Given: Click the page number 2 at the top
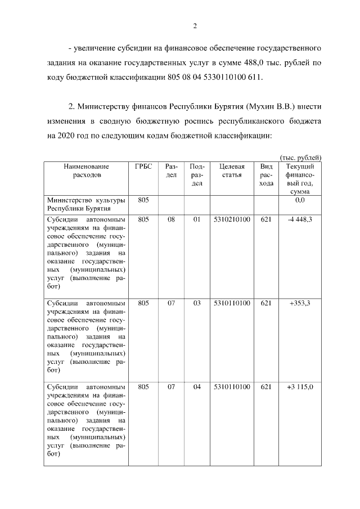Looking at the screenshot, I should (195, 25).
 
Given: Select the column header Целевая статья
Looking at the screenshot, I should (231, 170).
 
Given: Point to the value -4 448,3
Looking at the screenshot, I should (300, 219).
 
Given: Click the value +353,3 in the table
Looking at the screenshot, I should (300, 303).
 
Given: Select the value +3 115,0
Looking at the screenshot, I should (300, 387).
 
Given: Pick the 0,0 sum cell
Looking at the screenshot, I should (300, 200).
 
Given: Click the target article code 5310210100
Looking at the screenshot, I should (231, 219).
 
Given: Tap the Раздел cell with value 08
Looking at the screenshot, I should (171, 219).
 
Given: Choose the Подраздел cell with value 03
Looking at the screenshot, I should (197, 303).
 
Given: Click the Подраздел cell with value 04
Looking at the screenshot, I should (197, 387).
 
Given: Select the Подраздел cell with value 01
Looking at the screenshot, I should (197, 219).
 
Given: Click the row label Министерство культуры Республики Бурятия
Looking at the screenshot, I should (86, 204).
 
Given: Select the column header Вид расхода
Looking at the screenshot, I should (267, 175).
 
